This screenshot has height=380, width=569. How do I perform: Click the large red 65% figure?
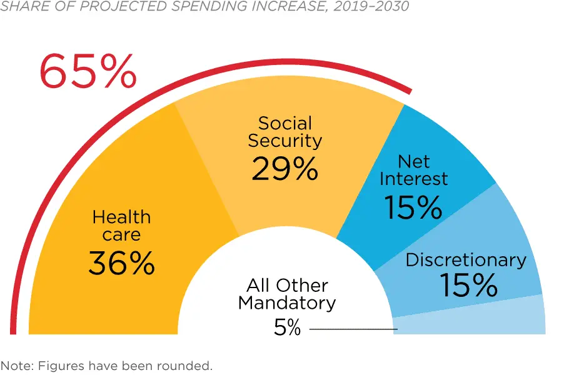(x=88, y=72)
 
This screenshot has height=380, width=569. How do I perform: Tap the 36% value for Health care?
(x=121, y=263)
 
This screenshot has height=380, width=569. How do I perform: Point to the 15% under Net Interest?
(x=413, y=207)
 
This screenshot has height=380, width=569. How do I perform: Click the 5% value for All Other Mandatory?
(x=288, y=327)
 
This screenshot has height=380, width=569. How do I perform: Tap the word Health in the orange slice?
(x=121, y=217)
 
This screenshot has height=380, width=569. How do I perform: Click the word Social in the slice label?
(x=284, y=123)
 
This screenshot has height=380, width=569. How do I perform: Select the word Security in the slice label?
(x=284, y=141)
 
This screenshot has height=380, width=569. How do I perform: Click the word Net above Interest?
(x=414, y=161)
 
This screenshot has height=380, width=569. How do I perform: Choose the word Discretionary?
(x=466, y=260)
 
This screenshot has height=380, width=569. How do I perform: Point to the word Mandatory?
(x=287, y=304)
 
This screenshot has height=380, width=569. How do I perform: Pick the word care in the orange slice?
(x=122, y=235)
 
